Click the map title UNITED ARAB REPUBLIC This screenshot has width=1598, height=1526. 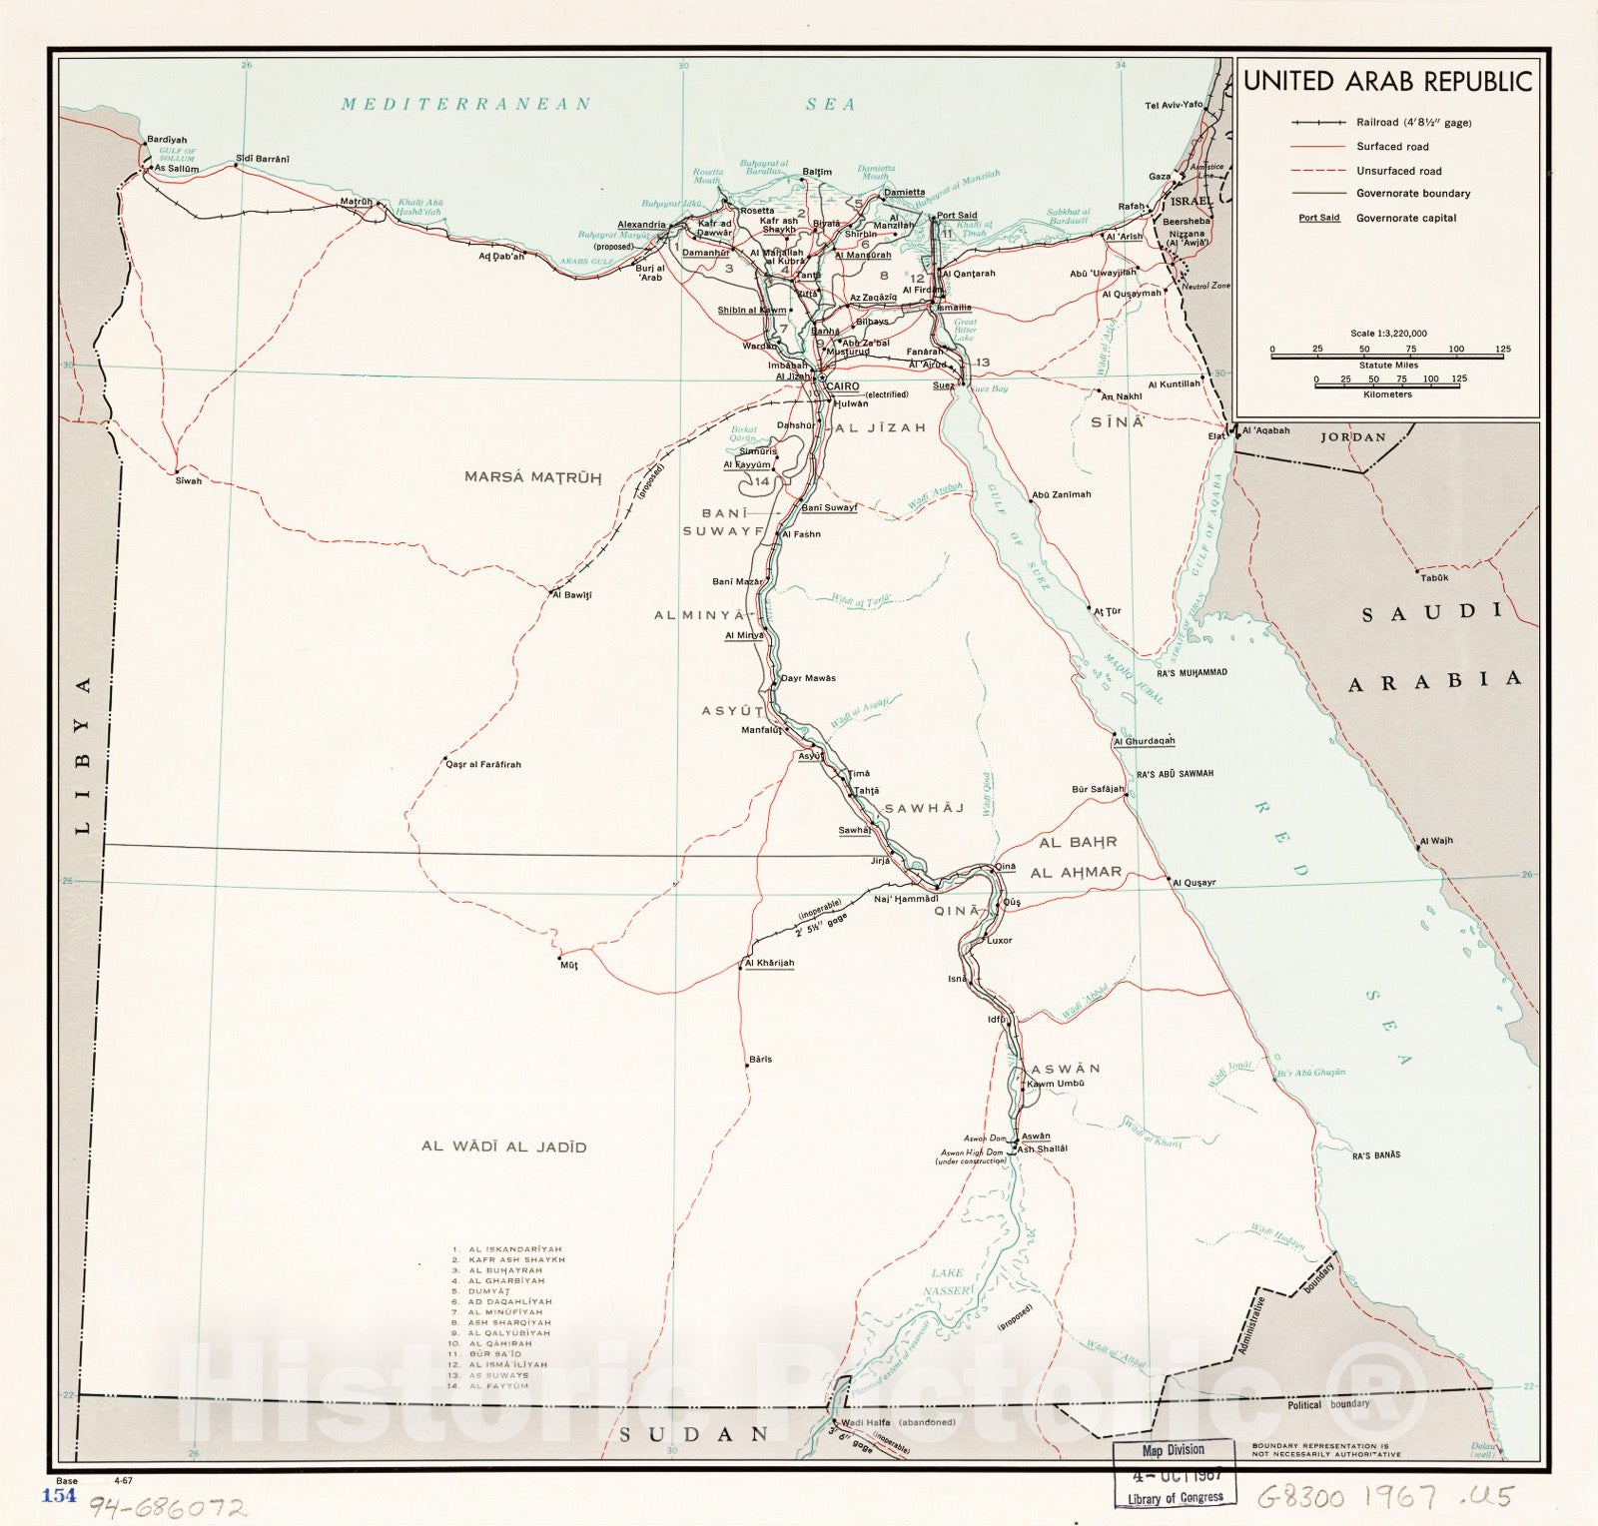coord(1387,82)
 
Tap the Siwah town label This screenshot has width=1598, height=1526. coord(188,481)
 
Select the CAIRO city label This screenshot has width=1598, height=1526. coord(841,385)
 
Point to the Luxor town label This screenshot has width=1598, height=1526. coord(999,941)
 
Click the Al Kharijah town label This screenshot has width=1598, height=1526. coord(769,963)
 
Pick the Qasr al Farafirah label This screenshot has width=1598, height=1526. coord(483,765)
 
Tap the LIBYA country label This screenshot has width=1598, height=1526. coord(83,755)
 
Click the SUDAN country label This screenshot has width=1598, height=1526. coord(694,1434)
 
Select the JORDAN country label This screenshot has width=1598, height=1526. coord(1353,437)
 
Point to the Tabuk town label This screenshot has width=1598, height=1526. coord(1434,578)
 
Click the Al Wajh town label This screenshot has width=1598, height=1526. coord(1436,841)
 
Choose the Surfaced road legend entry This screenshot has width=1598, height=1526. coord(1392,147)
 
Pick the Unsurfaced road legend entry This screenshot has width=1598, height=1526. coord(1398,171)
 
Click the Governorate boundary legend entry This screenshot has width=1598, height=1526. coord(1412,194)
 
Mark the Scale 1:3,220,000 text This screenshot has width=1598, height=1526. coord(1388,334)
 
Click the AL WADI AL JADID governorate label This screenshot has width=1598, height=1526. coord(503,1147)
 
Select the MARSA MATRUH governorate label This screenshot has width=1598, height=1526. coord(532,477)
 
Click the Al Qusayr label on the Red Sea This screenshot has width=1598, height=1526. coord(1194,883)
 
